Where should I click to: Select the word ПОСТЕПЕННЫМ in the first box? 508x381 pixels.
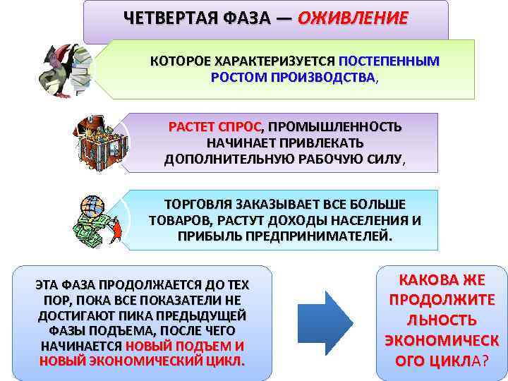389,61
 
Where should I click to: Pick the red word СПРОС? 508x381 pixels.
241,127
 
